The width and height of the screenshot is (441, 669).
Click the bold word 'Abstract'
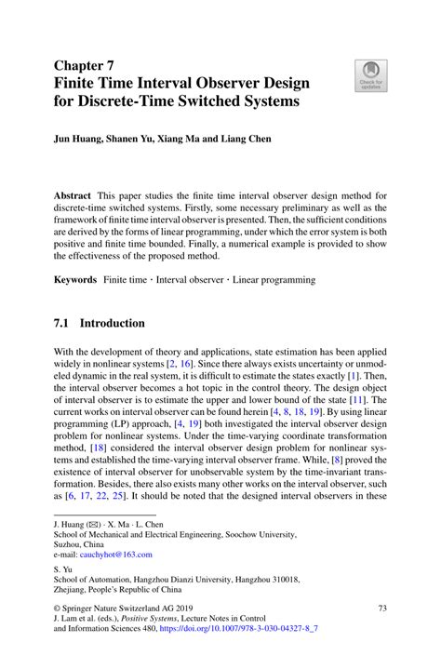pos(75,196)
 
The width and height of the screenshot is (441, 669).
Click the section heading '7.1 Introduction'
pos(100,324)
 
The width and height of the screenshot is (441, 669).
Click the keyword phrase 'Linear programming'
pos(274,278)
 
